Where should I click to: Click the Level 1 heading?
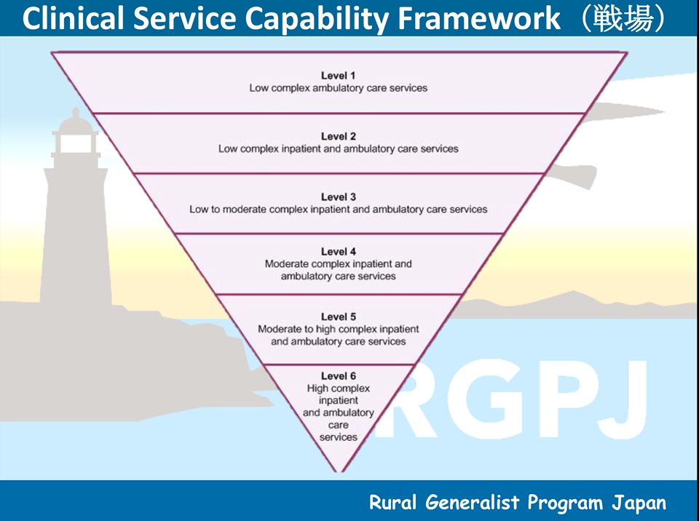pos(338,76)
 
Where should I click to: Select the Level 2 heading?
pos(339,136)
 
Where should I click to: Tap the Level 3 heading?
pos(339,197)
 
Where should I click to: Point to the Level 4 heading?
pos(339,251)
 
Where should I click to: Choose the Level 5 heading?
pos(339,317)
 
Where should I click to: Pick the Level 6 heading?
pos(339,375)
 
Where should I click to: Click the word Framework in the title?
pos(479,18)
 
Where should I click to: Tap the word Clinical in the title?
pos(73,18)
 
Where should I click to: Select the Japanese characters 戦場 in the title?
pos(623,19)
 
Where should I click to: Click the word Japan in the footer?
pos(639,503)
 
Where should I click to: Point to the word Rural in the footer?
pos(392,502)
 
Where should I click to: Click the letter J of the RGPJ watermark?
pos(623,399)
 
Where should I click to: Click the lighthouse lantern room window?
pos(76,143)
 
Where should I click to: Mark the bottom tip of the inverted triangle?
pos(339,472)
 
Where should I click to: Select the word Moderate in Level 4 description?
pos(286,264)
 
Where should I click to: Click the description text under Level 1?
pos(339,88)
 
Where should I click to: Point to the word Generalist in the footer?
pos(472,502)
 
